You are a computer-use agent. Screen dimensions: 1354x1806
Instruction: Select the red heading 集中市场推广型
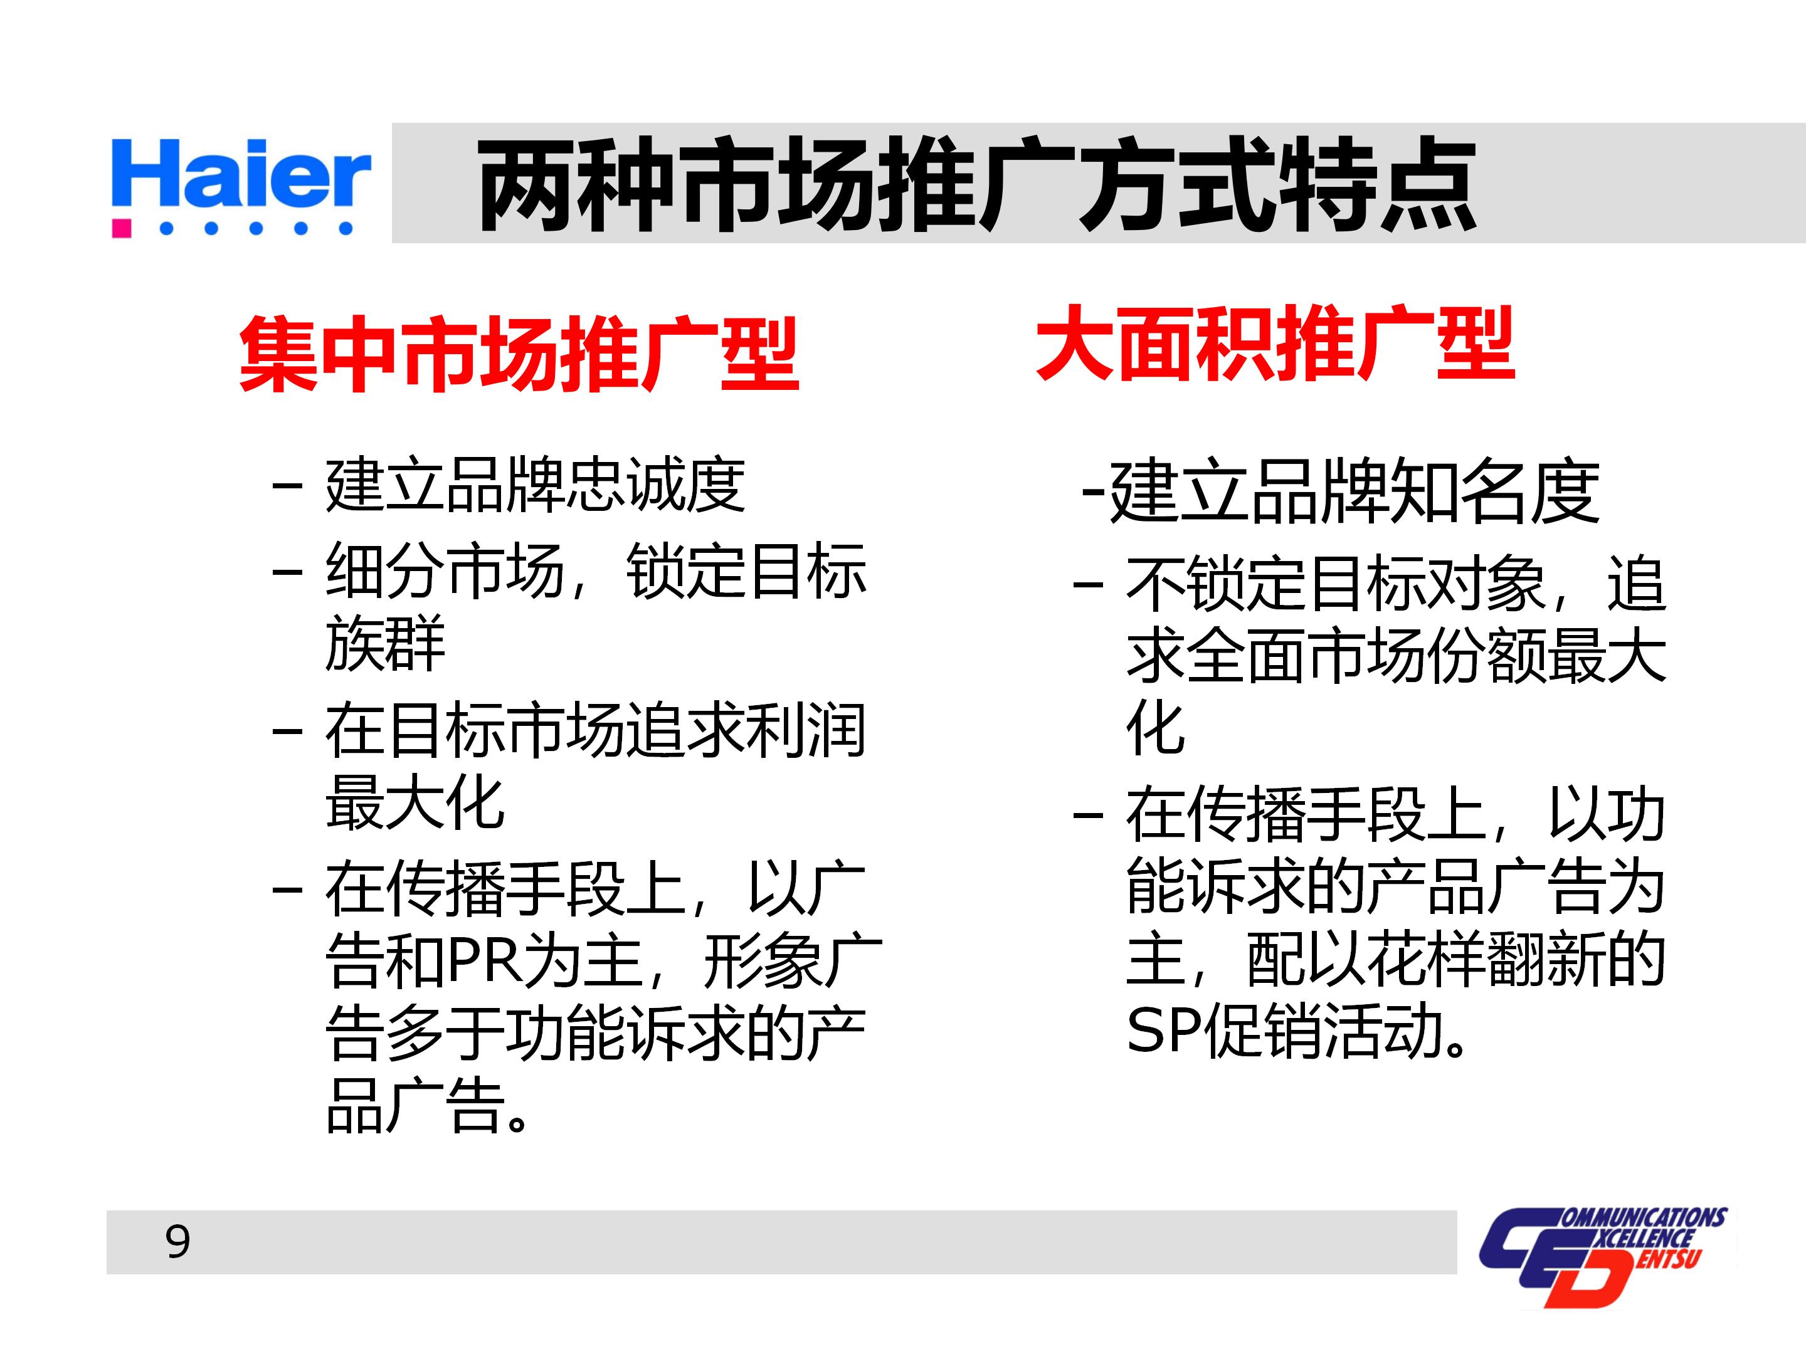(519, 354)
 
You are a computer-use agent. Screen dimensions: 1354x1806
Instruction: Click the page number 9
(178, 1241)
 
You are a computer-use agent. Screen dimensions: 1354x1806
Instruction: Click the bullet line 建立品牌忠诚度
(535, 486)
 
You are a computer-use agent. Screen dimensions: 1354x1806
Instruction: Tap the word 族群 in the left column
(384, 643)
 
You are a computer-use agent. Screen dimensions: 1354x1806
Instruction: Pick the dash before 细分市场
(287, 570)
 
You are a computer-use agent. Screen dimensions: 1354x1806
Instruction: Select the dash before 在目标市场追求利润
(287, 730)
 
